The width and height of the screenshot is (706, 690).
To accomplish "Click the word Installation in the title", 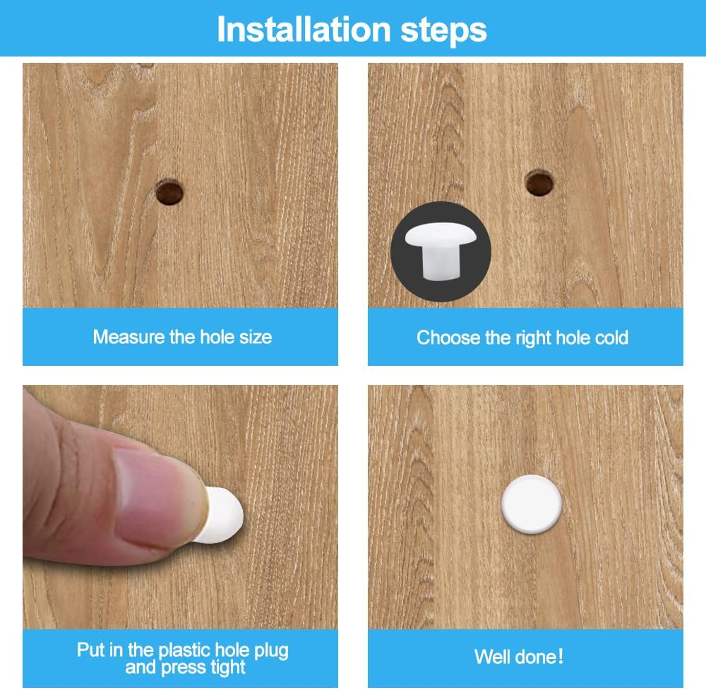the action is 304,29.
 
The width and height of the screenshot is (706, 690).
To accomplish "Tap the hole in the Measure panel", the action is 169,192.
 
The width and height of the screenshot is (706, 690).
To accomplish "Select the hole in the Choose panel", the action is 539,183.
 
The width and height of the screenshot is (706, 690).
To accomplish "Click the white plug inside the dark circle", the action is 441,251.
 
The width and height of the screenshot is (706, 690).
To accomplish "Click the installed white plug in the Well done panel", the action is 532,504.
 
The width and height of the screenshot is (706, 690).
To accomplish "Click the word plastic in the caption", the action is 184,650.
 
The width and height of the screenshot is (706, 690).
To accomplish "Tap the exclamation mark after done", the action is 560,657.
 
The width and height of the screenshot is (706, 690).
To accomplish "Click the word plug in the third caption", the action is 271,651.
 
